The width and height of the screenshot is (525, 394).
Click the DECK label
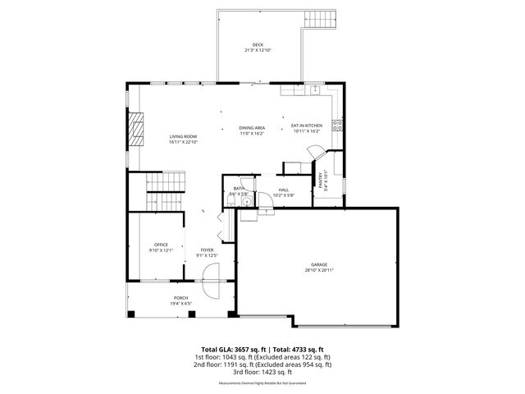258,44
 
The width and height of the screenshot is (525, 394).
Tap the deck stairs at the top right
320,17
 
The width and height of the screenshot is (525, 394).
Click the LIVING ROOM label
184,136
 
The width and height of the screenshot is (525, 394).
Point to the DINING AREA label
252,127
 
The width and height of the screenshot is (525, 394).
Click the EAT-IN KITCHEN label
307,126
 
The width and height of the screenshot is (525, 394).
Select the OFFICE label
161,245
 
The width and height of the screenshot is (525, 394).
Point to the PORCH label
180,298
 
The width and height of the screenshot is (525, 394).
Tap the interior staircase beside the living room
167,192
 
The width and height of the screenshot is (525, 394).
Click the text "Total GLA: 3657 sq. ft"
231,349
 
